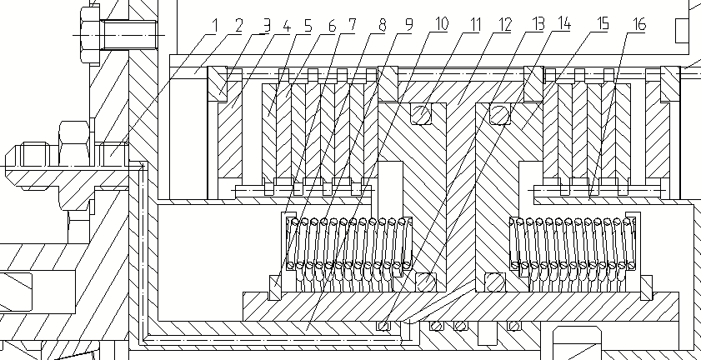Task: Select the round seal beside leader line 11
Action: (x=425, y=112)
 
